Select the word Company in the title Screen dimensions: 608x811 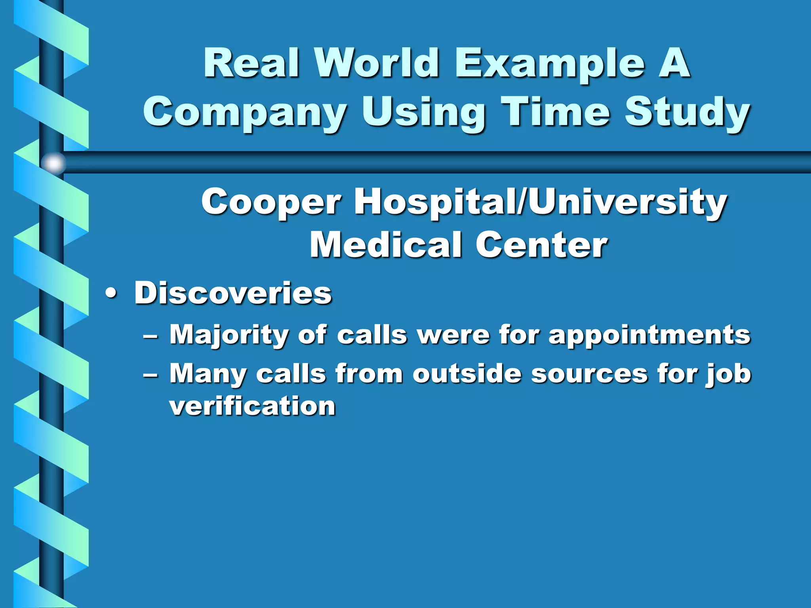(245, 113)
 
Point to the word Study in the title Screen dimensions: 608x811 (687, 113)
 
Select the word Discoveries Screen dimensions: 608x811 (233, 293)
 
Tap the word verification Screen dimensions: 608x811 (253, 406)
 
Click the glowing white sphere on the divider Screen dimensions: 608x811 (53, 163)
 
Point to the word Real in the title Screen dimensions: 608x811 (251, 63)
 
